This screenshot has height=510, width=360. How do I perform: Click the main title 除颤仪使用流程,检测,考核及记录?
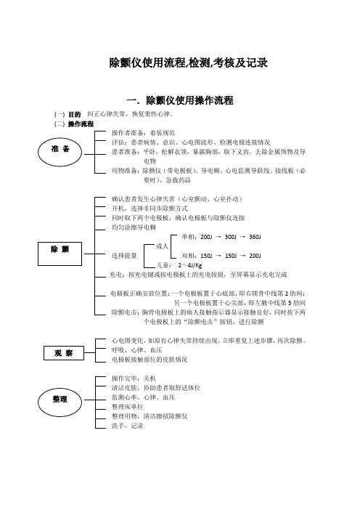188,62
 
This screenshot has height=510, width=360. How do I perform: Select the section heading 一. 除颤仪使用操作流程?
180,100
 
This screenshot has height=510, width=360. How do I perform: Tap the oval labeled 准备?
60,152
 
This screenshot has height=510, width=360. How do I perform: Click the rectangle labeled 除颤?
60,254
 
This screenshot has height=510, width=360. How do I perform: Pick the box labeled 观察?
64,353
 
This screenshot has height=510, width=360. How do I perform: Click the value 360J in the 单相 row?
255,237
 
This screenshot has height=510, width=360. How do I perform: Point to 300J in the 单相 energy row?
231,237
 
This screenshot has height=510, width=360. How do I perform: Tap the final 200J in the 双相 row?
255,256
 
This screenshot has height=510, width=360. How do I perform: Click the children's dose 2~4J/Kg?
189,265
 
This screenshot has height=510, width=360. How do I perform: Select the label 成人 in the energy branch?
162,246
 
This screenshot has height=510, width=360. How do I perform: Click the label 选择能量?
124,256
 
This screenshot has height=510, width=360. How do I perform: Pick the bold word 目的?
75,115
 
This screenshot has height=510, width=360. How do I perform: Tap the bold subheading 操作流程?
81,124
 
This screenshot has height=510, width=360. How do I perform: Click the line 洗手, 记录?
127,426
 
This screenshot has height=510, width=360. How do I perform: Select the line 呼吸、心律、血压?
136,350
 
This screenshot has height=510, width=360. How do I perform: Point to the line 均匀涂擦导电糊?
134,227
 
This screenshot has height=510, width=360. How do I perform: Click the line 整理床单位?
127,407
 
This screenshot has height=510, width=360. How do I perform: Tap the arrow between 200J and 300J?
218,237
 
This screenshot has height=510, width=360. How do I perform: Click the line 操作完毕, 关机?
134,379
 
